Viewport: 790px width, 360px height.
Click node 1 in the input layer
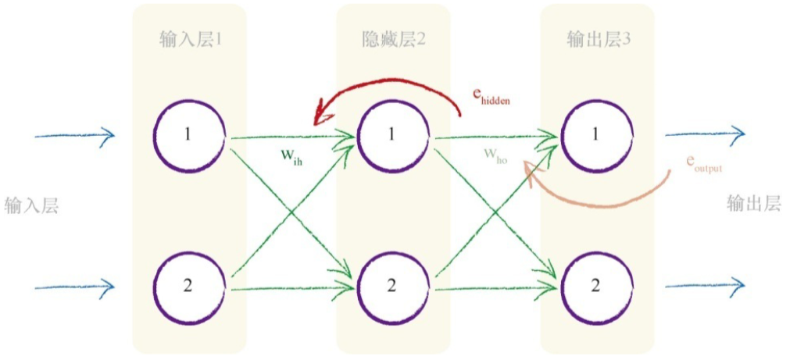(x=188, y=135)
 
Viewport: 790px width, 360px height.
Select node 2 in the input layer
(x=188, y=285)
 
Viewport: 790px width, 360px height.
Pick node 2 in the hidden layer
(x=391, y=285)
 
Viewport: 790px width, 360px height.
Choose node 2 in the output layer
(x=595, y=285)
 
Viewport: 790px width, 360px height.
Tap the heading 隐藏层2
(x=394, y=38)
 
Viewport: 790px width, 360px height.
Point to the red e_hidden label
(x=491, y=95)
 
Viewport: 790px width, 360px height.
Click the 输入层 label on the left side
(x=31, y=205)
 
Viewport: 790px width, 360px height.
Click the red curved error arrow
(x=391, y=82)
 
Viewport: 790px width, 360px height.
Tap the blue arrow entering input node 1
(x=75, y=137)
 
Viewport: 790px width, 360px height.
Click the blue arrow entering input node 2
(x=75, y=287)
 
